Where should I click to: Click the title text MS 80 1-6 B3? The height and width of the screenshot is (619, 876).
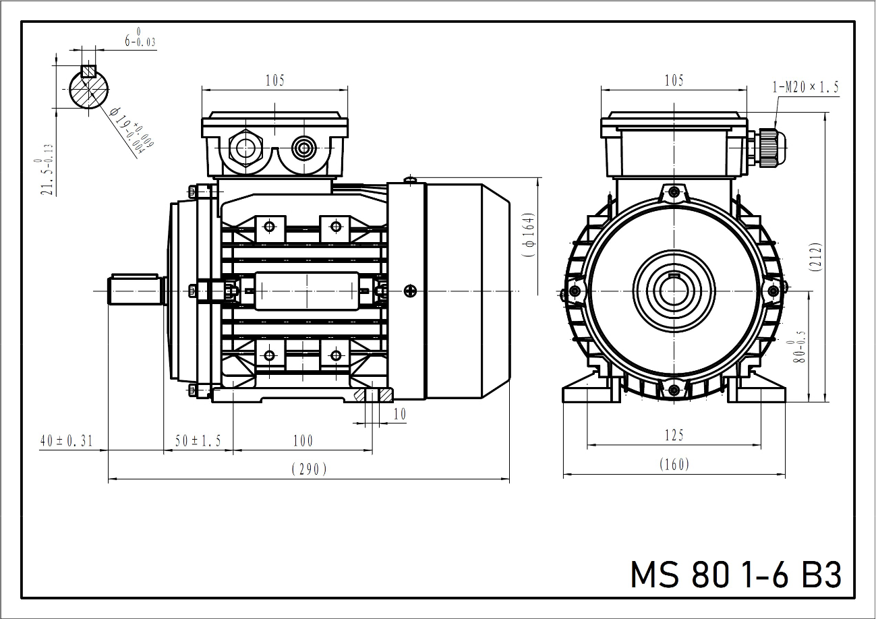coord(736,575)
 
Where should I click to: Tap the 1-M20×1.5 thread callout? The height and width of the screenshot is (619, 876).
coord(805,87)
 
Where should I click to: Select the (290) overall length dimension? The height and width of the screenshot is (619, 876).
coord(308,469)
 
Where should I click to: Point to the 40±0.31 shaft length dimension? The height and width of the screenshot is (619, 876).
coord(66,441)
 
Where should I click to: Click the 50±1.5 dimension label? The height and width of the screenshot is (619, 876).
coord(198,441)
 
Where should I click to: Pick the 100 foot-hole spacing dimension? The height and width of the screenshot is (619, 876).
coord(303,441)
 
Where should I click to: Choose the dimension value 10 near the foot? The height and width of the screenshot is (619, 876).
coord(400,414)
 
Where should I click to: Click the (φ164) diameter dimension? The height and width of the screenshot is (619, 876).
coord(529,236)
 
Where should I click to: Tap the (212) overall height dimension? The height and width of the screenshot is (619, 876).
coord(817,256)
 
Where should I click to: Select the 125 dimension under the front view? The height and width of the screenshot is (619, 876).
coord(673,436)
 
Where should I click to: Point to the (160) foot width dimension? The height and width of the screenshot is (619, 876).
coord(674,465)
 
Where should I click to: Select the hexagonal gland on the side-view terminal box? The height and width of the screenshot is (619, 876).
coord(244,148)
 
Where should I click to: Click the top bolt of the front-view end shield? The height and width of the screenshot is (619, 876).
coord(674,193)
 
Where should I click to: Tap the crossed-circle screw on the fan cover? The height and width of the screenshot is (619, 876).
coord(411,291)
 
